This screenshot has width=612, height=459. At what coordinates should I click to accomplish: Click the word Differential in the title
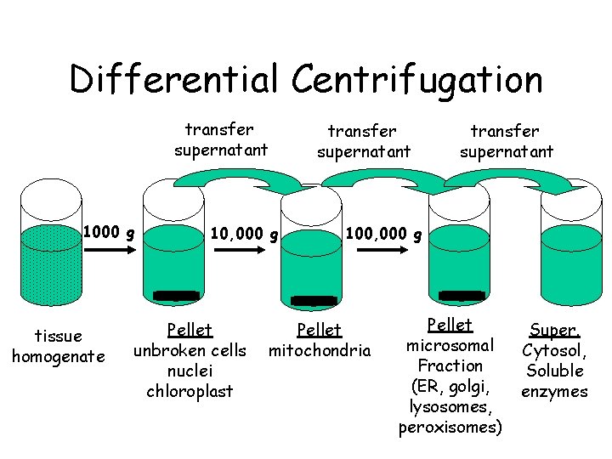pyautogui.click(x=174, y=81)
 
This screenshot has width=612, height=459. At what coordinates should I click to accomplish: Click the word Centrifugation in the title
pyautogui.click(x=416, y=81)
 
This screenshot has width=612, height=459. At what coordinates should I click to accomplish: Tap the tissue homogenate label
pyautogui.click(x=58, y=346)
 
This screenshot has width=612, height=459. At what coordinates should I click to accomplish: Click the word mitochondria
pyautogui.click(x=320, y=350)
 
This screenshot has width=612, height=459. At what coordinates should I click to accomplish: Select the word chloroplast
pyautogui.click(x=190, y=391)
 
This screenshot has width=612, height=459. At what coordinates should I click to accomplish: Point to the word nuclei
pyautogui.click(x=190, y=371)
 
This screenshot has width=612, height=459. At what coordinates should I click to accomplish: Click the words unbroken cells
pyautogui.click(x=190, y=350)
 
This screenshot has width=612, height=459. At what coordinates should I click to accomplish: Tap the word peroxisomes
pyautogui.click(x=450, y=427)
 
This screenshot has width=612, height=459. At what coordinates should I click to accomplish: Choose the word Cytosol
pyautogui.click(x=553, y=350)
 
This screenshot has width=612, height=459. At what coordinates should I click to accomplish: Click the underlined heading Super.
pyautogui.click(x=554, y=329)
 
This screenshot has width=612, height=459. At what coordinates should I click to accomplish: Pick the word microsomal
pyautogui.click(x=450, y=345)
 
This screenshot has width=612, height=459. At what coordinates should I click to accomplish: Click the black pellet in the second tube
pyautogui.click(x=176, y=296)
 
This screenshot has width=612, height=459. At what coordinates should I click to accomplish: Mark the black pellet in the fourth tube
pyautogui.click(x=462, y=296)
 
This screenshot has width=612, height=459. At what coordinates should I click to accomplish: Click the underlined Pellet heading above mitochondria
pyautogui.click(x=319, y=330)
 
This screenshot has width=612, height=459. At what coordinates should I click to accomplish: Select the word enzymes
pyautogui.click(x=554, y=391)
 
